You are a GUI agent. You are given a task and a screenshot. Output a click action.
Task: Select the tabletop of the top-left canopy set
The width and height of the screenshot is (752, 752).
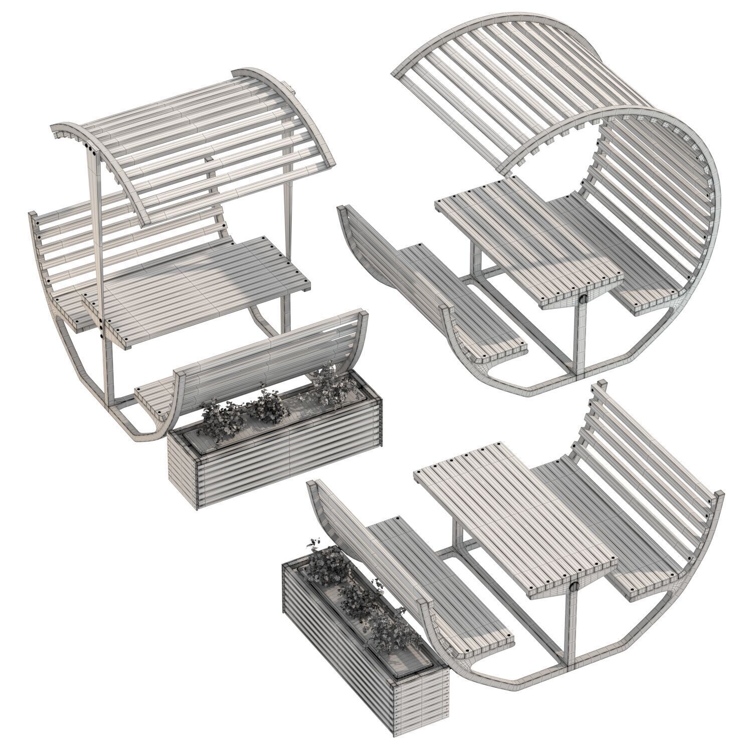click(x=201, y=286)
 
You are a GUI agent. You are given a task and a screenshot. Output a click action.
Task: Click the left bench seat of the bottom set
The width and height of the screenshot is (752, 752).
click(x=441, y=587)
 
